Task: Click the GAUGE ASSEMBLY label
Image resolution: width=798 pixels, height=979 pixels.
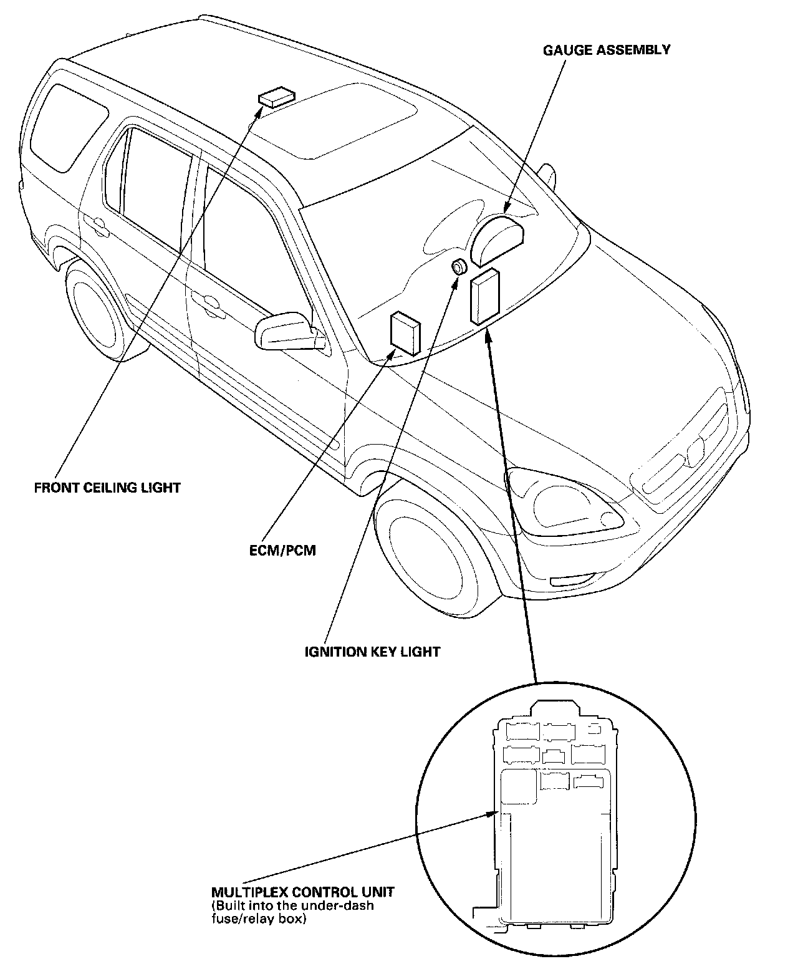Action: pyautogui.click(x=606, y=50)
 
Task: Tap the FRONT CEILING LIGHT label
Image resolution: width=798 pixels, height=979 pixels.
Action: pyautogui.click(x=107, y=487)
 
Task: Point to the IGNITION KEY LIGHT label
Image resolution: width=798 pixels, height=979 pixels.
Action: pyautogui.click(x=372, y=652)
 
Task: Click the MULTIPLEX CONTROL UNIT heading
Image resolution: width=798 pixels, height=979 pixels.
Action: pyautogui.click(x=303, y=891)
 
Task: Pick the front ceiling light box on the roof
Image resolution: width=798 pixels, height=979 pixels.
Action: pyautogui.click(x=276, y=98)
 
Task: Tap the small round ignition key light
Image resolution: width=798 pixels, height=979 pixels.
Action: pyautogui.click(x=459, y=267)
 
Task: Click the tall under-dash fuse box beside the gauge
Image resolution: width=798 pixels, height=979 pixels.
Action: pyautogui.click(x=484, y=296)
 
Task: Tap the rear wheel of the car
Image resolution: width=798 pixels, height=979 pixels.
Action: pyautogui.click(x=98, y=310)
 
